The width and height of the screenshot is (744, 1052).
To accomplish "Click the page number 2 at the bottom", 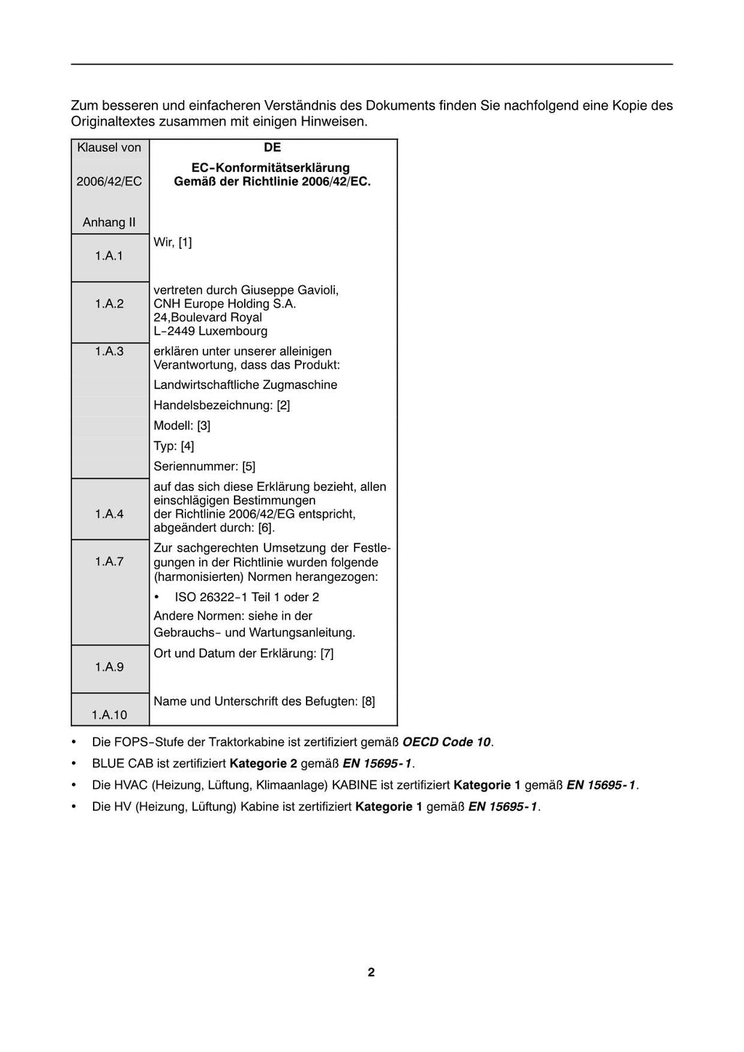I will coord(371,972).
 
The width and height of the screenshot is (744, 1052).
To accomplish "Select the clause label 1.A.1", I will coord(109,256).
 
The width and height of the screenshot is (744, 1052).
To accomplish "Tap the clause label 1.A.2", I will coord(109,303).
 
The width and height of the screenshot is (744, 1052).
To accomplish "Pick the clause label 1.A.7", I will coord(109,561).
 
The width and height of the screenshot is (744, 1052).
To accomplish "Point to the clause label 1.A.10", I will coord(109,714).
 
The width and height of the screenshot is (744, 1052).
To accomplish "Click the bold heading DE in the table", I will coord(272,147).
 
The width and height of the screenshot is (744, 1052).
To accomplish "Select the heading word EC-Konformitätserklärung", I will coord(272,168).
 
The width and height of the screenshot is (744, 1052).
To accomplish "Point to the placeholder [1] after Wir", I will coord(185,242).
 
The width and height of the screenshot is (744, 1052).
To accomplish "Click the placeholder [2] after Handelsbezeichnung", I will coord(283,405).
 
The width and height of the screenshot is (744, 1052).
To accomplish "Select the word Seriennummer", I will coord(195,466).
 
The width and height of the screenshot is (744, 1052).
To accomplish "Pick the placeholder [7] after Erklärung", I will coord(327,653).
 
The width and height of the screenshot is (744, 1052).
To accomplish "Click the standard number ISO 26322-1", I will coord(211,597).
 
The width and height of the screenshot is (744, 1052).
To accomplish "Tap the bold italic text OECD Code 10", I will coord(447,742).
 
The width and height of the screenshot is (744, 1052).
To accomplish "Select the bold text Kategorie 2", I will coord(263,763).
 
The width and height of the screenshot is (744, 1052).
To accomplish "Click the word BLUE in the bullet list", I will coord(108,763).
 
